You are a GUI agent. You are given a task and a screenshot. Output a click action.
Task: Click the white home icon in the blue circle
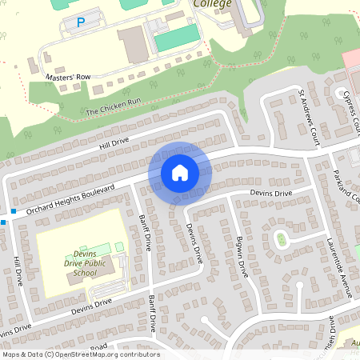180,172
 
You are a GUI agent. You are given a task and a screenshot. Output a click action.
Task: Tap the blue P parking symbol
80,24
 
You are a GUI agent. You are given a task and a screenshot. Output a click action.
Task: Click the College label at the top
213,4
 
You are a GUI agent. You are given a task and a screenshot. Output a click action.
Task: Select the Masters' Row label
68,77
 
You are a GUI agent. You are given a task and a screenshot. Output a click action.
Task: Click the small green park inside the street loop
281,238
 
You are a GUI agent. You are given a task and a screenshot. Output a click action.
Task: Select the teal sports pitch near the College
176,36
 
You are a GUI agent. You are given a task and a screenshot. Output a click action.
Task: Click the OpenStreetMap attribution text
80,354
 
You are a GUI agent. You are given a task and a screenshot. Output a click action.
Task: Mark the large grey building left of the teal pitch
133,44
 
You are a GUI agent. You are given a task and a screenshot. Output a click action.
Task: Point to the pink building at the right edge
351,61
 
